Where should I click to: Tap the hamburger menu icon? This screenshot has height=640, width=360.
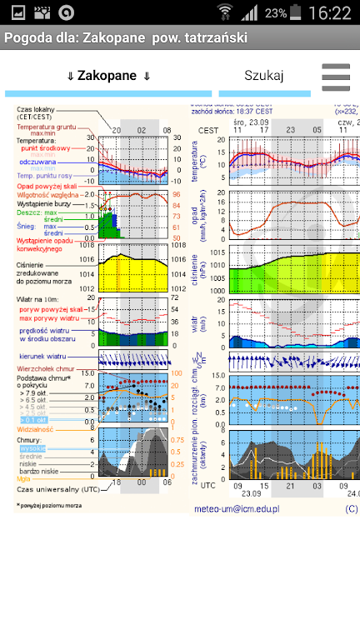pos(336,76)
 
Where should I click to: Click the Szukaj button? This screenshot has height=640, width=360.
pos(264,75)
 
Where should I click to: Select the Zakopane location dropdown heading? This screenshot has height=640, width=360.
pos(108,76)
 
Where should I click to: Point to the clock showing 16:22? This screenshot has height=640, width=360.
pos(329,13)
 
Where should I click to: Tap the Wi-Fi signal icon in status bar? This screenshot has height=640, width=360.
pos(225,13)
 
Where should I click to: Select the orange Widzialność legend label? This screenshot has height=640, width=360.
pos(35,429)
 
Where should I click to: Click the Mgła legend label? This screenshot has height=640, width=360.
pos(23,478)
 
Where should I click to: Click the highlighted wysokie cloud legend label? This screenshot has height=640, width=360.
pos(34,447)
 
